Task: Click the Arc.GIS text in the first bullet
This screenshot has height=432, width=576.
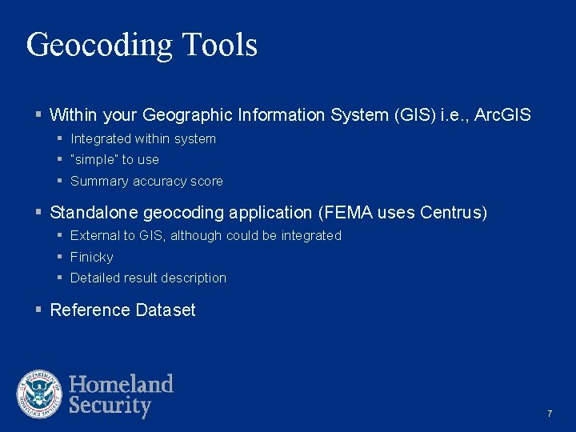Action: pyautogui.click(x=502, y=115)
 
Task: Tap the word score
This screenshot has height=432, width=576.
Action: pyautogui.click(x=206, y=181)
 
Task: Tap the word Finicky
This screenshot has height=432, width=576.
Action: pyautogui.click(x=92, y=258)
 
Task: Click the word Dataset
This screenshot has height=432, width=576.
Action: pyautogui.click(x=166, y=310)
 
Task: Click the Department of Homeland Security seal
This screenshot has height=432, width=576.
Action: pyautogui.click(x=39, y=394)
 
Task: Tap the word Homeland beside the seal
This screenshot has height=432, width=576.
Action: pyautogui.click(x=121, y=384)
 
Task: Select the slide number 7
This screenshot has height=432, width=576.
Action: pyautogui.click(x=550, y=414)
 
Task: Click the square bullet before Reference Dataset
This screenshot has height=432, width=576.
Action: pyautogui.click(x=38, y=310)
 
